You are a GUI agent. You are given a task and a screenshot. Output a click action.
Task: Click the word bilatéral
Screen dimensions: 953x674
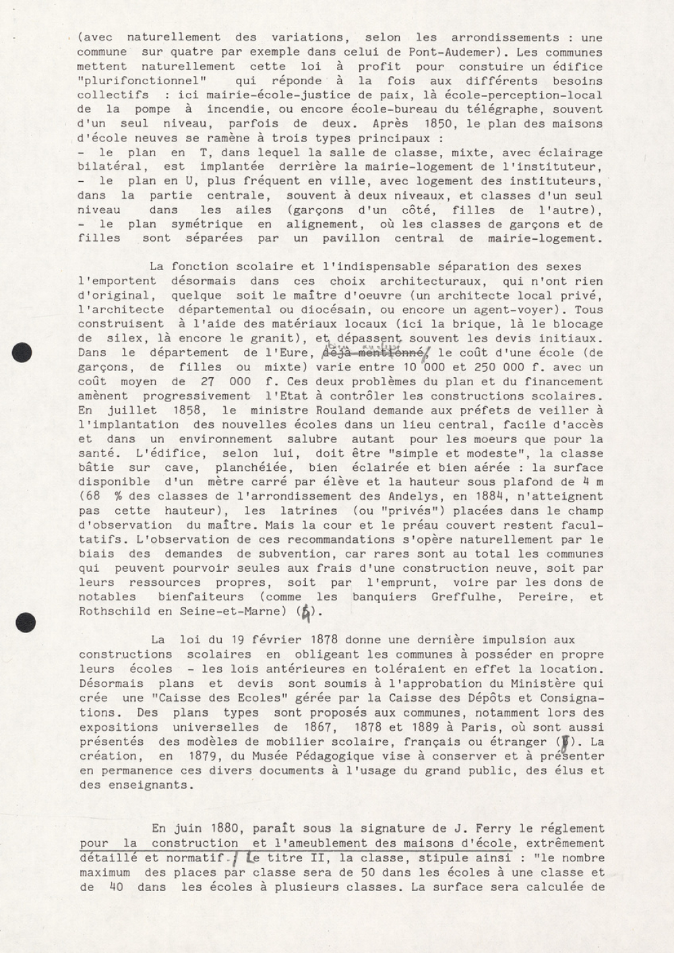pos(109,166)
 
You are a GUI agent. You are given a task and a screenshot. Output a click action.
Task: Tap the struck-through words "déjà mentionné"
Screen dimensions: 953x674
pos(373,352)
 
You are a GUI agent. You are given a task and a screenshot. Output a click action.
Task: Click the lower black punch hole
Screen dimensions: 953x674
pos(25,622)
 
